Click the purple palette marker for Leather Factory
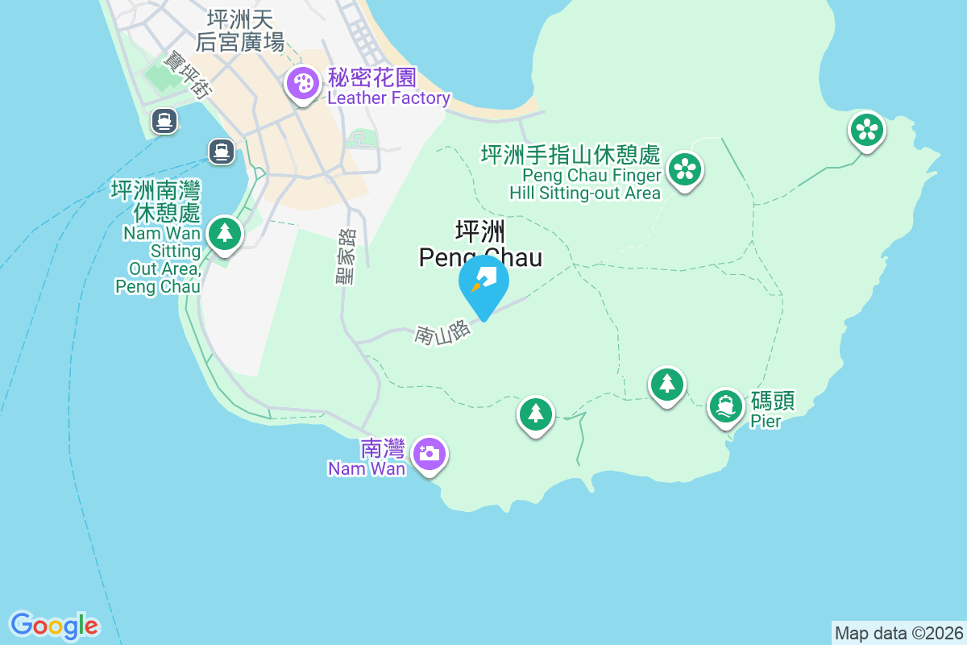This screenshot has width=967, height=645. click(x=303, y=84)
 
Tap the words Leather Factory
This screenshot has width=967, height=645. click(x=388, y=98)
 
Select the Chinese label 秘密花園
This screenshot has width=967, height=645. click(x=371, y=78)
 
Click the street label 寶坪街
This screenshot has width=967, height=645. click(x=186, y=76)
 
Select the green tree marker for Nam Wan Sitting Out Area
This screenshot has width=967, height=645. click(x=224, y=234)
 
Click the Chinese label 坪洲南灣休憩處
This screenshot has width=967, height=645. click(x=156, y=202)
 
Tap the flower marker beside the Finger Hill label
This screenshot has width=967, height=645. click(x=685, y=170)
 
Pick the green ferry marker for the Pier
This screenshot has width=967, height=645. click(x=726, y=406)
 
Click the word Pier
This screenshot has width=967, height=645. click(x=766, y=421)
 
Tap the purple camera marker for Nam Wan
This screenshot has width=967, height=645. click(x=430, y=453)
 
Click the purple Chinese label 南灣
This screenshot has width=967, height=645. click(x=383, y=448)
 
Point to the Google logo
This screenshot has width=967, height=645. click(x=55, y=625)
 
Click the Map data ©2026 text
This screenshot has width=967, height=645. click(x=899, y=633)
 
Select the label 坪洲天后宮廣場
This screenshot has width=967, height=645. click(x=240, y=30)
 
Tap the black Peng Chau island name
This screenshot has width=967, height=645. click(x=480, y=245)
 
